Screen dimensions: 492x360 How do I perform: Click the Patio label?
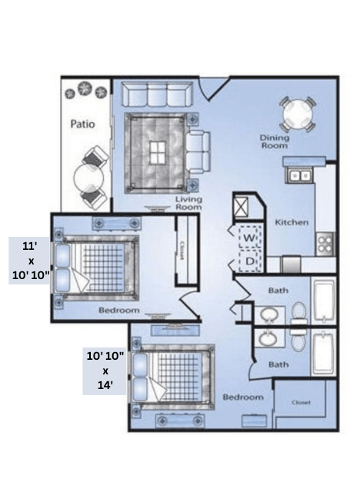[x=82, y=123]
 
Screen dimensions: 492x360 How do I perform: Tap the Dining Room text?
[x=274, y=141]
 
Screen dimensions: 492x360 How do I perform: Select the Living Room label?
[x=188, y=203]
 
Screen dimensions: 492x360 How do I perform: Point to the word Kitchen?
[x=292, y=222]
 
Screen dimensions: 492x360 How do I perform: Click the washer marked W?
[x=250, y=238]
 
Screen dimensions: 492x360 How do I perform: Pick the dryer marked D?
[x=250, y=261]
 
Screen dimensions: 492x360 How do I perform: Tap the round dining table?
[x=296, y=115]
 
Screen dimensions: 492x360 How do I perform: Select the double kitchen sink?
[x=299, y=175]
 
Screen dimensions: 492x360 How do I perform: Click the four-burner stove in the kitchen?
[x=325, y=244]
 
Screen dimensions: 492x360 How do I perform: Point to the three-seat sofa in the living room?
[x=157, y=95]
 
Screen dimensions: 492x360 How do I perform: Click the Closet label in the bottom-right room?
[x=301, y=403]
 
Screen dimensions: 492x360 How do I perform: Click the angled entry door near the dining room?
[x=208, y=91]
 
